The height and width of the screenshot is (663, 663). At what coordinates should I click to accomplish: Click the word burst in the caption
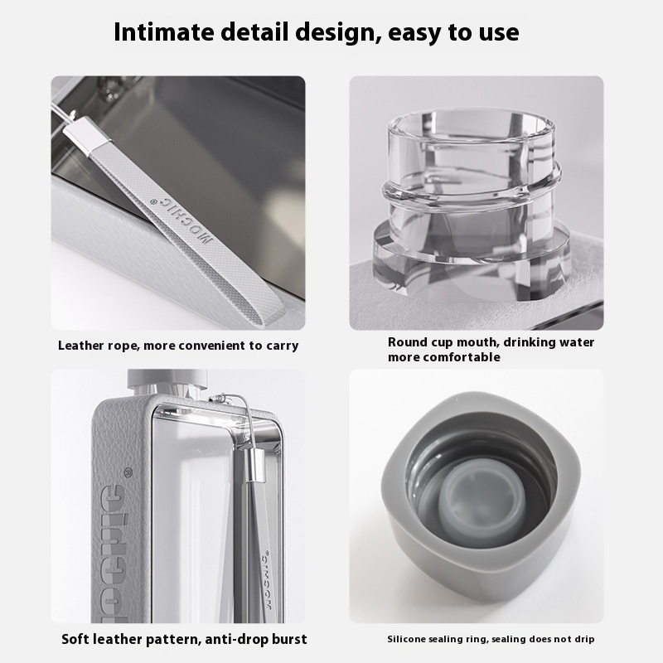[x=289, y=639]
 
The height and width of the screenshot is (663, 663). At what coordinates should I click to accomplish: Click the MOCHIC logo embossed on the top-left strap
[x=181, y=220]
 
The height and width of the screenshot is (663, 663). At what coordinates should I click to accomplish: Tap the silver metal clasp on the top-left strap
[x=87, y=136]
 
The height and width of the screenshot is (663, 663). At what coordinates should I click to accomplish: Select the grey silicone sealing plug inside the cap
[x=481, y=501]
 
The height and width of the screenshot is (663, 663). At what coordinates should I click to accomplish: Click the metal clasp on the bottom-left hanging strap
[x=256, y=465]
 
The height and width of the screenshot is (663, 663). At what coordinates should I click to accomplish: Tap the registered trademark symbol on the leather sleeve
[x=128, y=472]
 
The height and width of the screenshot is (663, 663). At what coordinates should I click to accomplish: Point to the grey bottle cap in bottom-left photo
[x=167, y=380]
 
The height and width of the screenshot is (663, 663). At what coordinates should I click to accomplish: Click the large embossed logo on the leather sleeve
[x=114, y=554]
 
